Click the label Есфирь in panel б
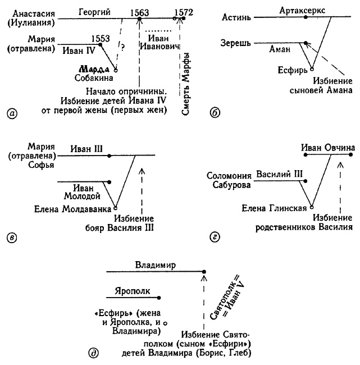293,72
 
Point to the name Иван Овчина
328,148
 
